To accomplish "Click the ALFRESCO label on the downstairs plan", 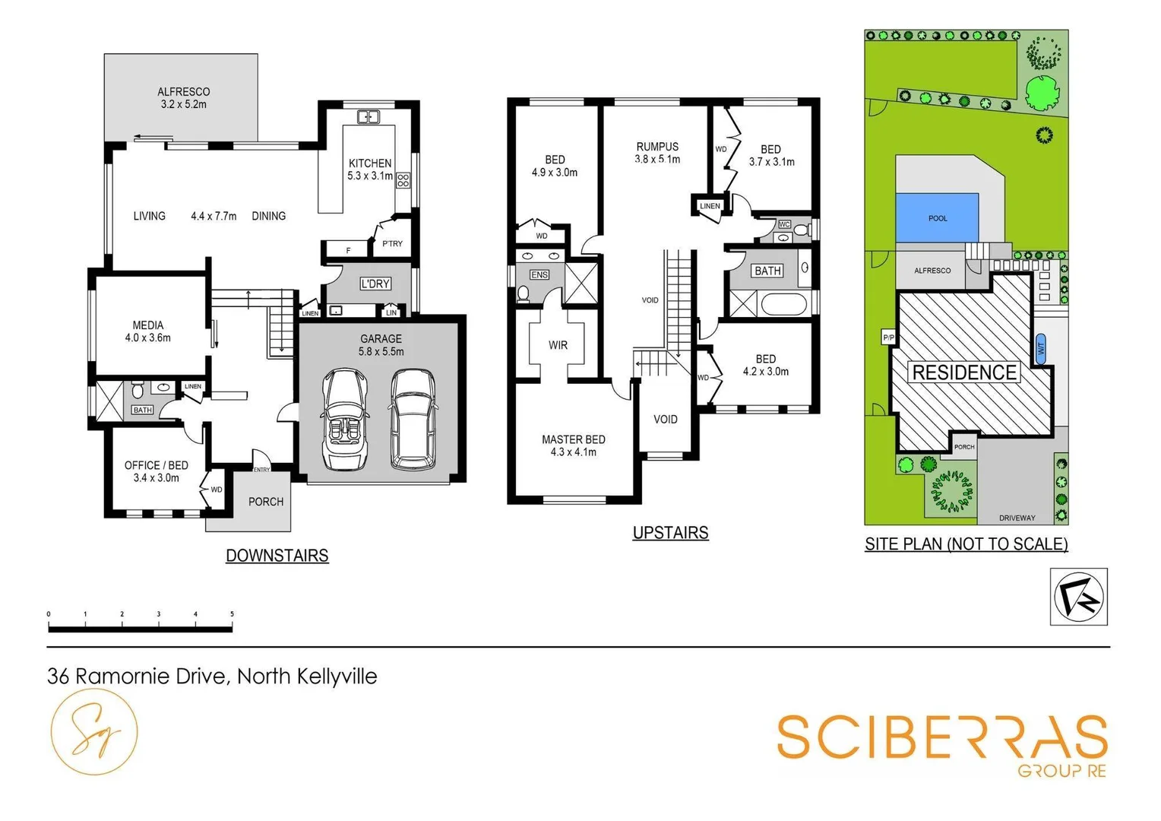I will (183, 92).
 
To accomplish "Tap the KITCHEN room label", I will (370, 163).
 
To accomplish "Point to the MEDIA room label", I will (147, 325).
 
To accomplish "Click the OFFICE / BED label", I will (156, 465).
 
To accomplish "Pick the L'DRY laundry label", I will (375, 284).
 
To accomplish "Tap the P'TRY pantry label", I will (392, 244).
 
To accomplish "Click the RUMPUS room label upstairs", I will (657, 147).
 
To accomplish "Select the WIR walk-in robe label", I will (558, 345).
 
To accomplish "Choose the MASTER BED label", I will (573, 439).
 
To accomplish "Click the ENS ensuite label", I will (539, 274).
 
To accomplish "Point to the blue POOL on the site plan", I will (937, 218).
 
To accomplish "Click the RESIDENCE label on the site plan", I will (963, 372).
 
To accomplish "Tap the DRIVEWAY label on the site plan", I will (1017, 518).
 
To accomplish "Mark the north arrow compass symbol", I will (1078, 597).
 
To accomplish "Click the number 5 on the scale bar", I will (232, 614).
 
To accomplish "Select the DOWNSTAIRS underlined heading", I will (277, 556).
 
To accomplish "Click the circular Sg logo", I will (94, 732).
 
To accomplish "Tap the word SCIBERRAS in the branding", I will (941, 737).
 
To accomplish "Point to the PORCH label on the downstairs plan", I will (265, 502).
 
